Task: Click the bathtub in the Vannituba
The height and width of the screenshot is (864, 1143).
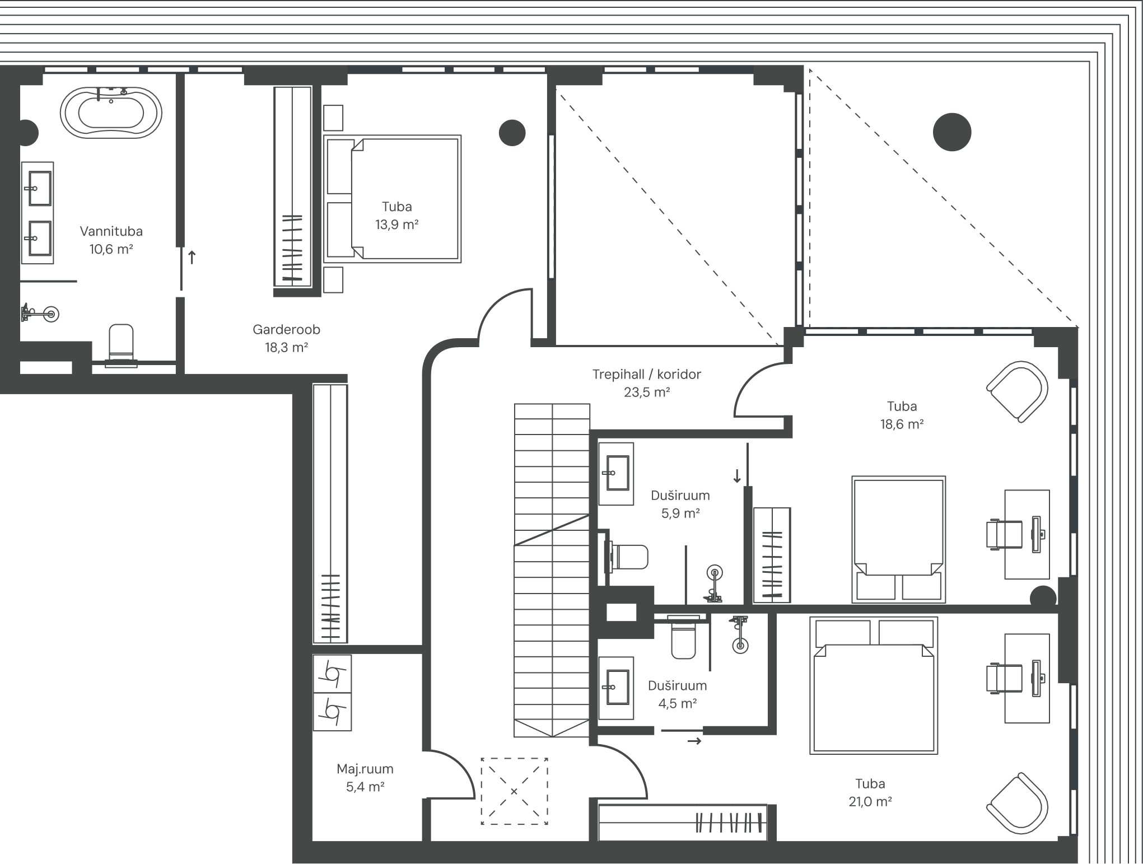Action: pos(111,113)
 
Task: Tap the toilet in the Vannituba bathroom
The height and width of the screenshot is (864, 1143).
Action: pos(121,344)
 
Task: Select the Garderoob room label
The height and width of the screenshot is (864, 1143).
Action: pos(286,329)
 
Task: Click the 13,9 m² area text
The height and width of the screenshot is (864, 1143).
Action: pos(397,225)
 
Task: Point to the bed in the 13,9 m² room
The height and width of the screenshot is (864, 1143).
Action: pos(392,199)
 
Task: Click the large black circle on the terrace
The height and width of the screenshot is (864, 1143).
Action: pos(952,132)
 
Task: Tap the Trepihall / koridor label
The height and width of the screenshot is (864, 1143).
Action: pos(647,374)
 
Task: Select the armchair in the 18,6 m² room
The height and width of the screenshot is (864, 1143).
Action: pos(1018,391)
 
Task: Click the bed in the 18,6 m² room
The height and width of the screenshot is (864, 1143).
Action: pos(899,539)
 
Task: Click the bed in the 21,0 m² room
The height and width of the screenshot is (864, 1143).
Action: pos(874,685)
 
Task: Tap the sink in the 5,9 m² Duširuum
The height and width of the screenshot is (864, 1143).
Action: pos(617,473)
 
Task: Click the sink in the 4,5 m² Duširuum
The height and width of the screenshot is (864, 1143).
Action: pos(617,688)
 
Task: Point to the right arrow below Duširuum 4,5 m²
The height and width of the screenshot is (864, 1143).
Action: pos(694,741)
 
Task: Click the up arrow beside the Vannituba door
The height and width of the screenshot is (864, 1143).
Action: pos(192,258)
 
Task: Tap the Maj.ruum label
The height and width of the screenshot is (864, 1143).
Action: pos(365,769)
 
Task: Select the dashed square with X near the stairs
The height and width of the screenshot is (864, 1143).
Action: pos(514,791)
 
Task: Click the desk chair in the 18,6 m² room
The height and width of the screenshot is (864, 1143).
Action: pos(1004,535)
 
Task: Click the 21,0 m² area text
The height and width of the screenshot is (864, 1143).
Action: pos(870,802)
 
